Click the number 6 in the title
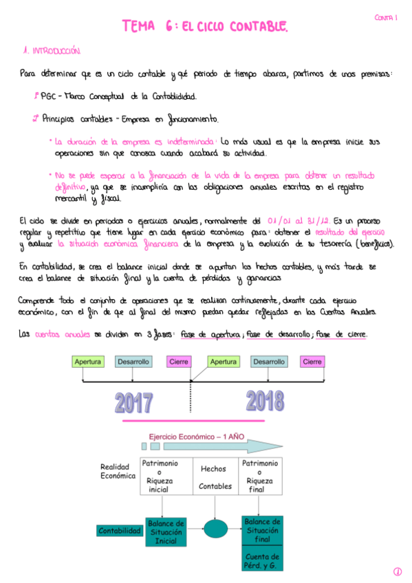pos(169,27)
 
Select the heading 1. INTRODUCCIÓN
pos(52,51)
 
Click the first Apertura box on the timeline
pos(88,362)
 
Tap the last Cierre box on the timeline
pos(312,362)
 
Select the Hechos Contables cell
pos(215,477)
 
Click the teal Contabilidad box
pos(119,531)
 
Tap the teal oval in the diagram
pos(215,531)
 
